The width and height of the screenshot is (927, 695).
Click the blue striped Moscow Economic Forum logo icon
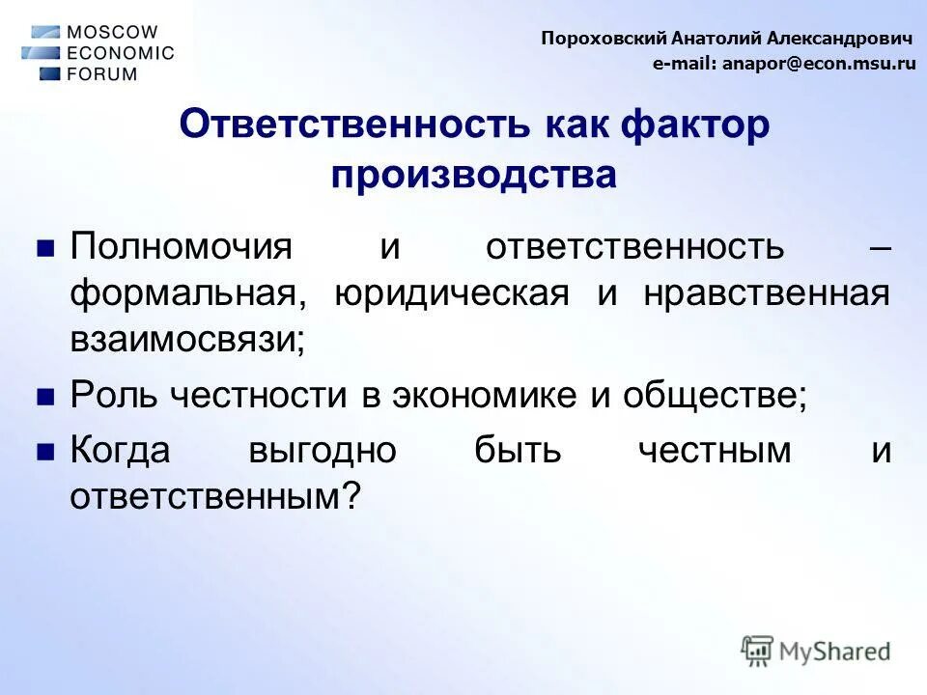click(42, 52)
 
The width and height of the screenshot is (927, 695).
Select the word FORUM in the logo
click(101, 73)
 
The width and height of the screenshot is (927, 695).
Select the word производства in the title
click(473, 175)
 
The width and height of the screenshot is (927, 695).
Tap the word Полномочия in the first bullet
click(180, 246)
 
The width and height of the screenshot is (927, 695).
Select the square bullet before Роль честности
click(44, 396)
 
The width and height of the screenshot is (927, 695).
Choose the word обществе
click(714, 395)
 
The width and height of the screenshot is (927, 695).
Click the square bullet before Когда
click(44, 451)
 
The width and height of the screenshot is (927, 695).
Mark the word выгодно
click(322, 450)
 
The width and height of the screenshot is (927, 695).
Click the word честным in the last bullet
click(714, 450)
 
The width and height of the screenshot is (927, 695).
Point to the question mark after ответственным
click(351, 497)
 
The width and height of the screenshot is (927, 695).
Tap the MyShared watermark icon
click(757, 650)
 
